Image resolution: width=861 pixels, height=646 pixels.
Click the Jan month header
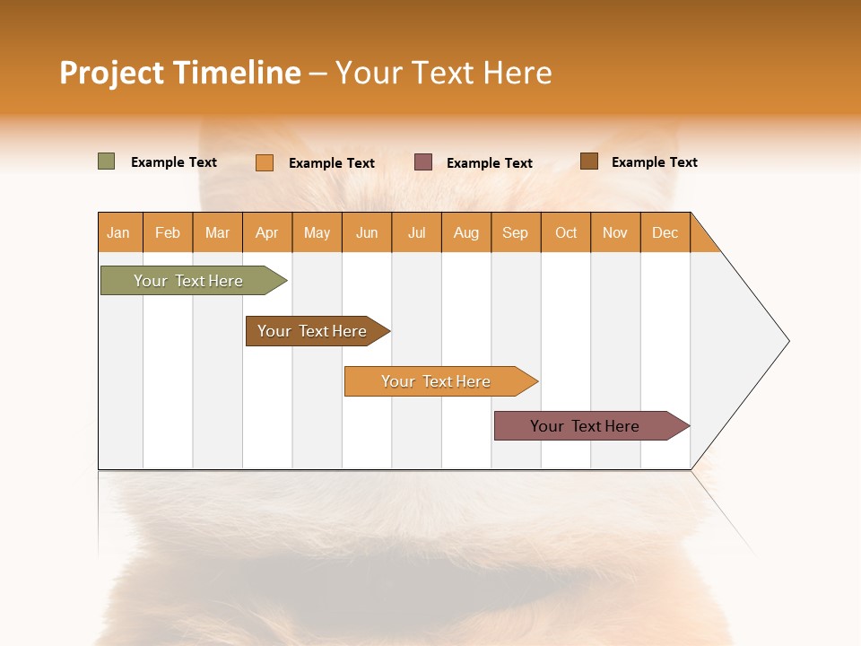119,232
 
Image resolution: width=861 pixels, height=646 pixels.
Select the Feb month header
168,232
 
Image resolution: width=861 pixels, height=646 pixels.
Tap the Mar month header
217,232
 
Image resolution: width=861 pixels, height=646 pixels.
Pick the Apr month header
267,232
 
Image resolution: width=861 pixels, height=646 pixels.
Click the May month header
317,232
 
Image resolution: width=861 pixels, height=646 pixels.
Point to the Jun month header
367,232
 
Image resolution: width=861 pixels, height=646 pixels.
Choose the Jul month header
416,232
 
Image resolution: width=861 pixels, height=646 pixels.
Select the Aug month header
466,232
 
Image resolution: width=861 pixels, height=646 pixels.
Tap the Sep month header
516,232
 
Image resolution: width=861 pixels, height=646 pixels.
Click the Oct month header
566,232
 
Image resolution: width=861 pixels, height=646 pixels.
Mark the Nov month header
615,232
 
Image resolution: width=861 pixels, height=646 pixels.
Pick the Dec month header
665,232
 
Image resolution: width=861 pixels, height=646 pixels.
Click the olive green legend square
107,161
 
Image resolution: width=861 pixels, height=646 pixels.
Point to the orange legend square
265,162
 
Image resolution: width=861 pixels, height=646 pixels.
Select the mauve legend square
423,162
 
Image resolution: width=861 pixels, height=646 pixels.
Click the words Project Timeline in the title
180,73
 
